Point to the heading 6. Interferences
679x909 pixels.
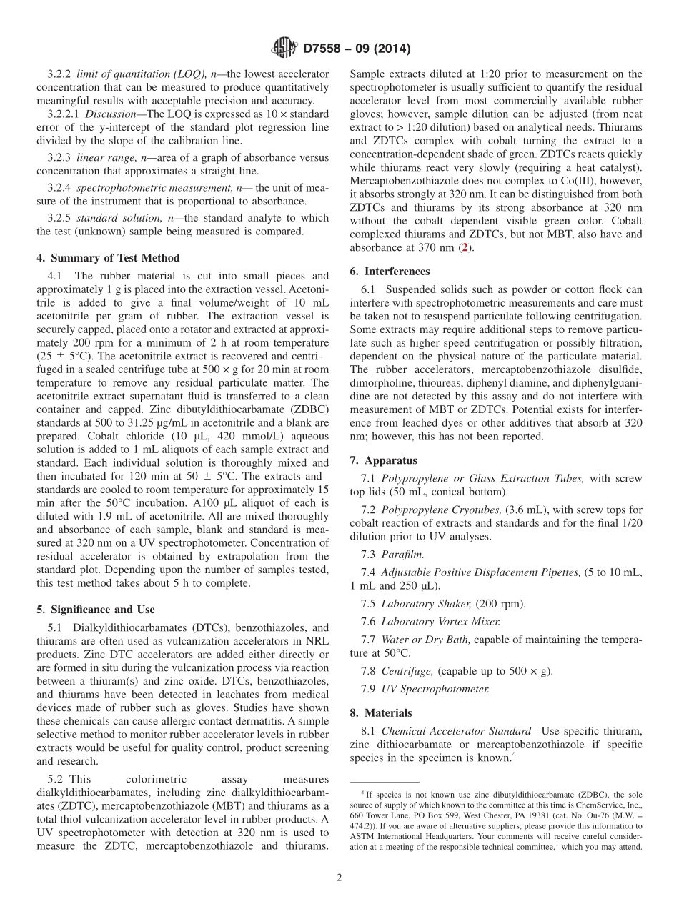coord(390,272)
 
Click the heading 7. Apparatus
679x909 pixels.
coord(384,461)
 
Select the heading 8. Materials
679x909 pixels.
coord(381,712)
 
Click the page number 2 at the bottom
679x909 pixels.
coord(339,878)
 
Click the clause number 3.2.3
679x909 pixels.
coord(60,158)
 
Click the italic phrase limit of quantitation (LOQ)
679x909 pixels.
coord(140,74)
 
